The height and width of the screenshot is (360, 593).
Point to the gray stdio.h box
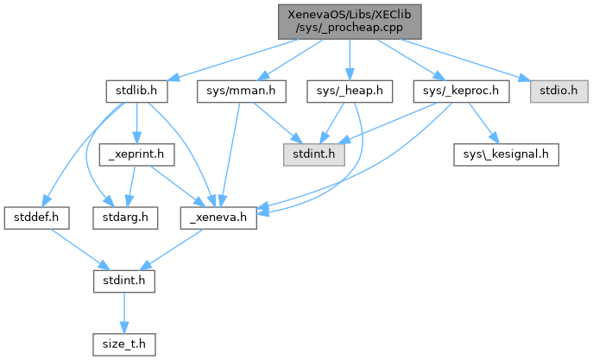pyautogui.click(x=552, y=90)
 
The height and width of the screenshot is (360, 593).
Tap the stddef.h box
pyautogui.click(x=36, y=217)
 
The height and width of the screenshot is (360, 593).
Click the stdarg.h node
pyautogui.click(x=125, y=217)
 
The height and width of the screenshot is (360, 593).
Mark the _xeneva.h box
pyautogui.click(x=219, y=217)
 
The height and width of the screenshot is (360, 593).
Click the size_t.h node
pyautogui.click(x=125, y=343)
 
